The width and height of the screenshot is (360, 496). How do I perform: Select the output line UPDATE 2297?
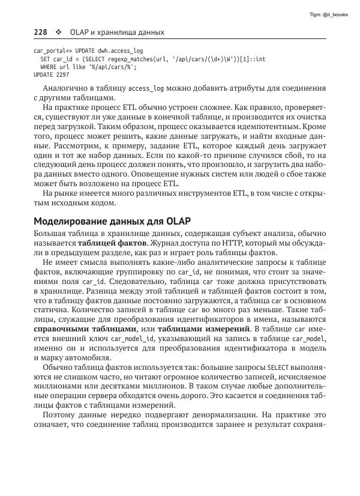[51, 75]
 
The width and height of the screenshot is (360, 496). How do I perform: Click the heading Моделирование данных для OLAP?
[107, 220]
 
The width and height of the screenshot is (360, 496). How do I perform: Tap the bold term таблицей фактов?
[112, 244]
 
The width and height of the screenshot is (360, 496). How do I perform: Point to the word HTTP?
[230, 244]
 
